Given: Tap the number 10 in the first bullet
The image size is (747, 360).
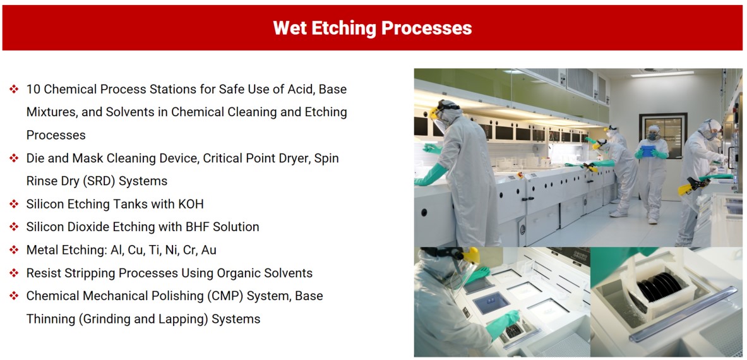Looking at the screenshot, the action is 32,89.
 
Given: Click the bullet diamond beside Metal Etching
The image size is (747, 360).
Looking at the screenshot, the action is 14,250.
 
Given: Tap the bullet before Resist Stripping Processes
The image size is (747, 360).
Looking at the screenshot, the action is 14,273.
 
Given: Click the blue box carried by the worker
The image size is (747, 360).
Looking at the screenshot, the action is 647,151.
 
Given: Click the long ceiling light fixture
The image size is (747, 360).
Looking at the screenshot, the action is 662,75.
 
